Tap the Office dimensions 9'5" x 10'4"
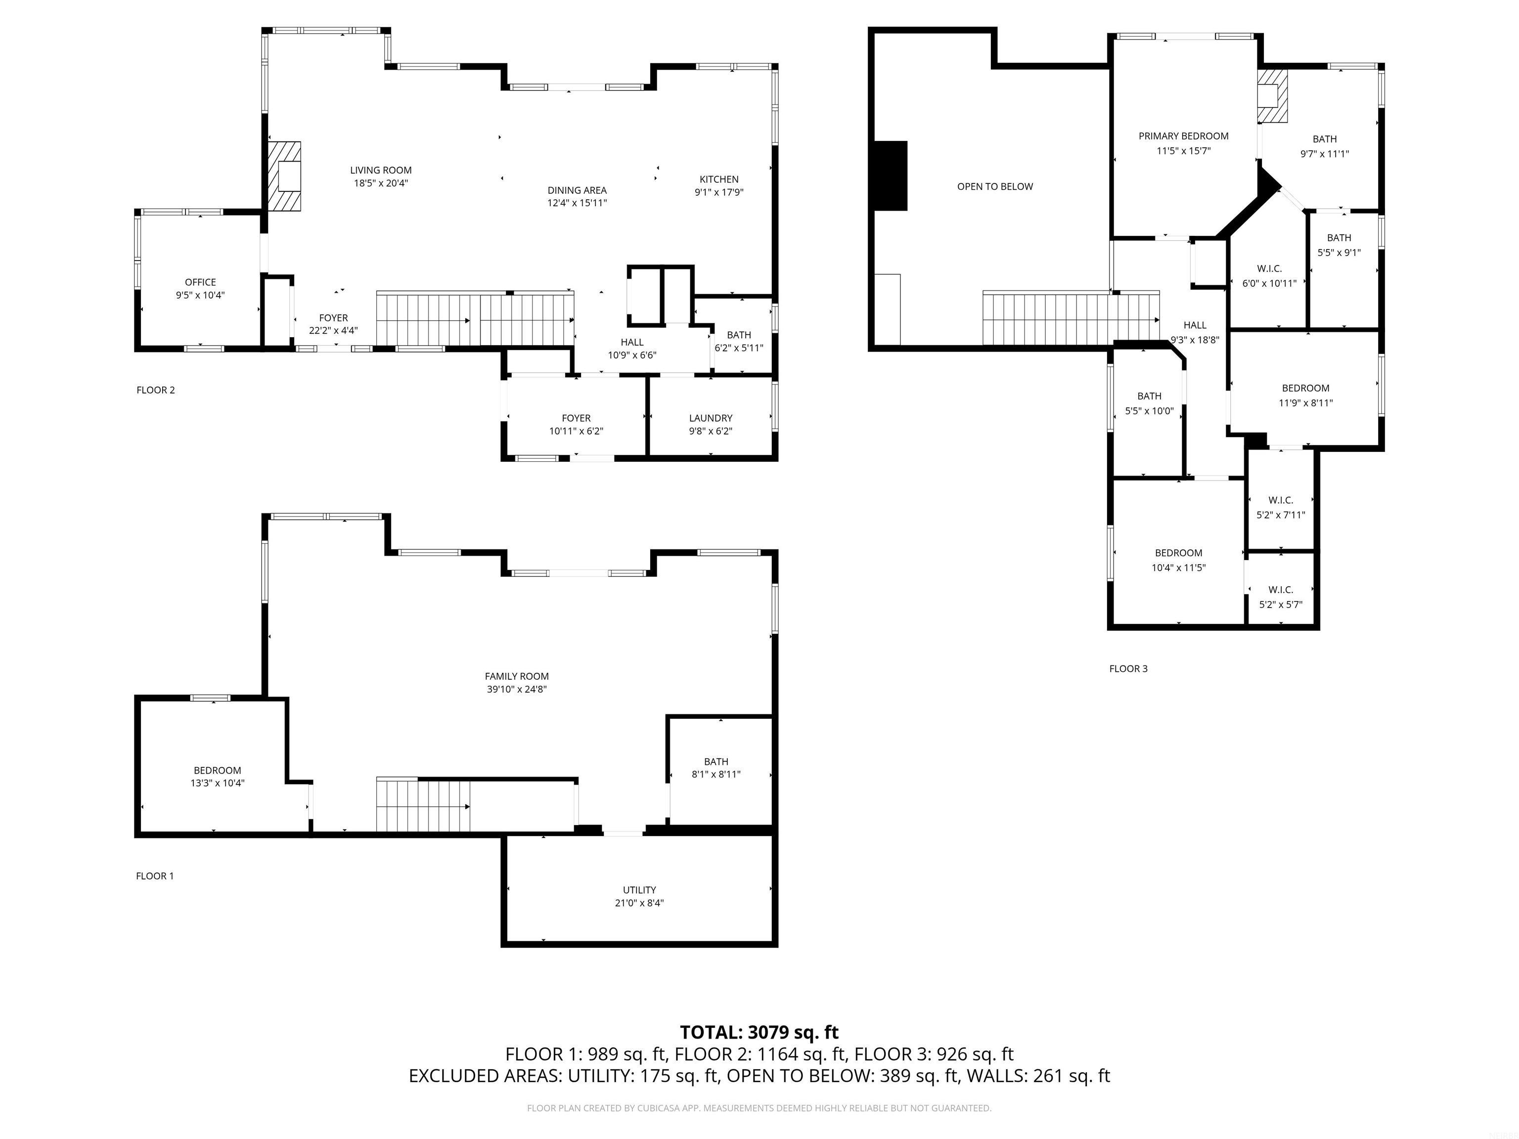[200, 295]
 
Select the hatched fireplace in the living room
[284, 176]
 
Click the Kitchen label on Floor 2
[719, 179]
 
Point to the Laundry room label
[710, 418]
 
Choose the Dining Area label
[577, 190]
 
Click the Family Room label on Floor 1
[516, 676]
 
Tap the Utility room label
[639, 890]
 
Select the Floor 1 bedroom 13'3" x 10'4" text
[217, 783]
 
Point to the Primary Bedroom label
[1183, 136]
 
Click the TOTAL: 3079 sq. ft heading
[759, 1033]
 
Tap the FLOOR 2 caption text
[155, 390]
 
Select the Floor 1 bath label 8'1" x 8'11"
[715, 774]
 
